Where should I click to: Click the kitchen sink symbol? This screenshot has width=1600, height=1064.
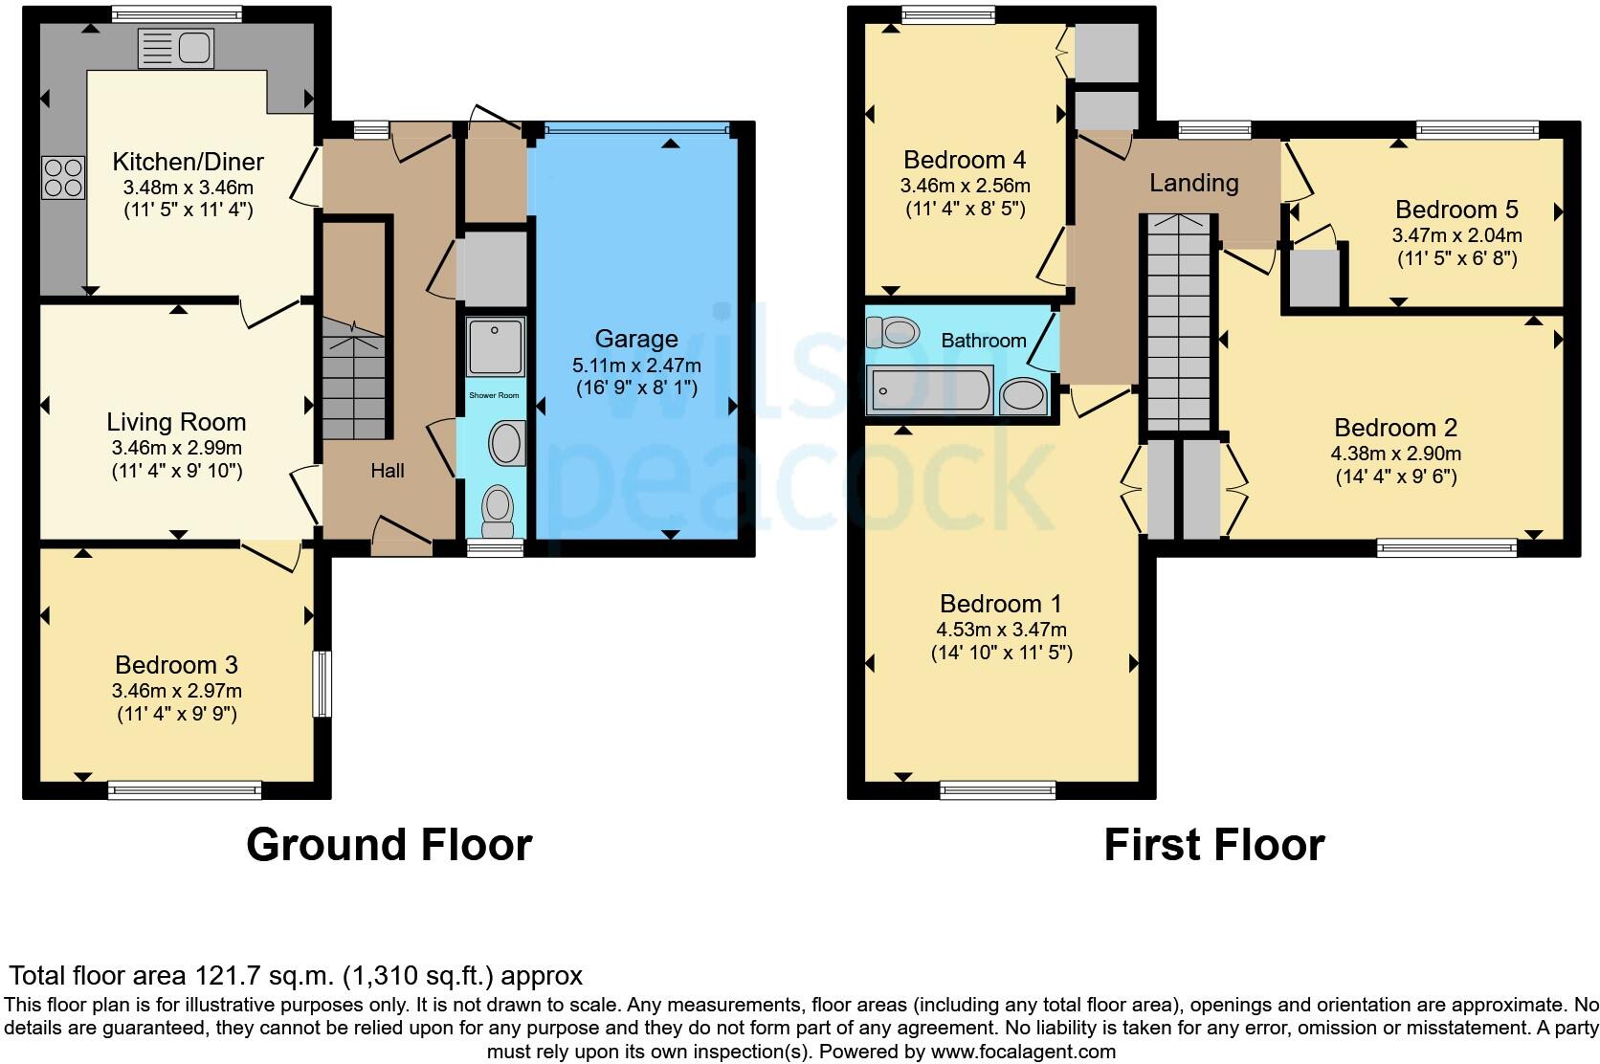176,48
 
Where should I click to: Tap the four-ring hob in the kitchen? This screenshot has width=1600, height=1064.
63,178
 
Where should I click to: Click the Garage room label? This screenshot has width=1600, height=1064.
636,339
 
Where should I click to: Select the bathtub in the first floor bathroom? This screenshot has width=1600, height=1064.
929,390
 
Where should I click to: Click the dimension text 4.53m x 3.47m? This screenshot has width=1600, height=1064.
1001,630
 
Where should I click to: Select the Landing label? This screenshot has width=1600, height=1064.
1193,183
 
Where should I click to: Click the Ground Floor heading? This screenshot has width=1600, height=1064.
389,845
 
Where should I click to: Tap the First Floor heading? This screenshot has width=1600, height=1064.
1213,845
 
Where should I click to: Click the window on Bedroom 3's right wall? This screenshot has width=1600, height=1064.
322,683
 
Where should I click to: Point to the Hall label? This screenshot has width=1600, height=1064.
388,471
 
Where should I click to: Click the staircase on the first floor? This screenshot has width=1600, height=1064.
1178,325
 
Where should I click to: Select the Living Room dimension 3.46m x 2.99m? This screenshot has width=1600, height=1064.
176,448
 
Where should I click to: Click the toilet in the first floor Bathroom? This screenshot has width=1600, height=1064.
892,332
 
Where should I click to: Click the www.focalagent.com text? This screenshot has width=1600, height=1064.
1023,1052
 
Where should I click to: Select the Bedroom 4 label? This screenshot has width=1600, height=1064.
965,160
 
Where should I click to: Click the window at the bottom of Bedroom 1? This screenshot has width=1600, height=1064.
998,789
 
